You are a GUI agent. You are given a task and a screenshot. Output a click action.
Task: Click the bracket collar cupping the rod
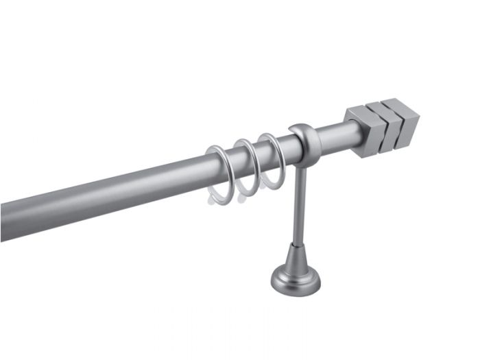tap(306, 141)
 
